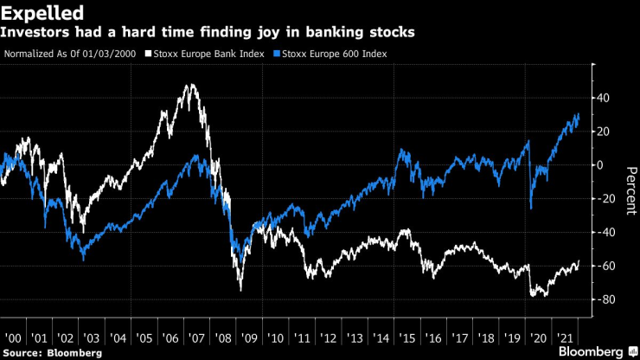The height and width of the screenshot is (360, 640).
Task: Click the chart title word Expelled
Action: click(42, 13)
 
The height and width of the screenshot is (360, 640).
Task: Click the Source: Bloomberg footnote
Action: click(53, 353)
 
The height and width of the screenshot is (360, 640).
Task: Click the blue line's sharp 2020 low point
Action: click(530, 209)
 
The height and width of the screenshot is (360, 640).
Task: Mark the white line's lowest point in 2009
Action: click(240, 290)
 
